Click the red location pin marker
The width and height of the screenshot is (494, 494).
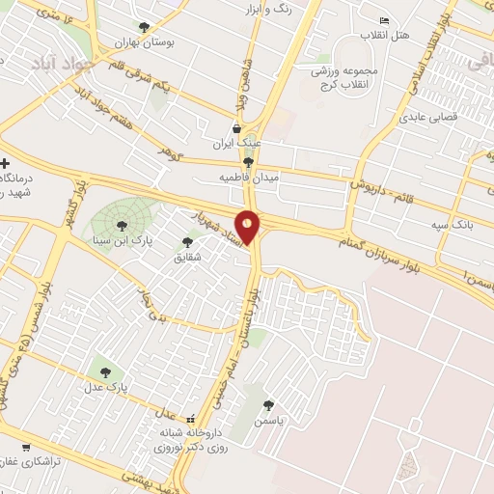coord(248,228)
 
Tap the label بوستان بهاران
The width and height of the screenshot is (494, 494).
coord(136,42)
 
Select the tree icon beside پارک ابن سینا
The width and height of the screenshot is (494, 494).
coord(123,225)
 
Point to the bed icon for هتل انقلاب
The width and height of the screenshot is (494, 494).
coord(385,21)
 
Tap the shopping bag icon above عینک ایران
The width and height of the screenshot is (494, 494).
coord(236,128)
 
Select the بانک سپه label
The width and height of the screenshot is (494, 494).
coord(448,223)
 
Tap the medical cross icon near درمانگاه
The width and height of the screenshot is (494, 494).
coord(6,163)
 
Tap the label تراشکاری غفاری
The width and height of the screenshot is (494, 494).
coord(30,462)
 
